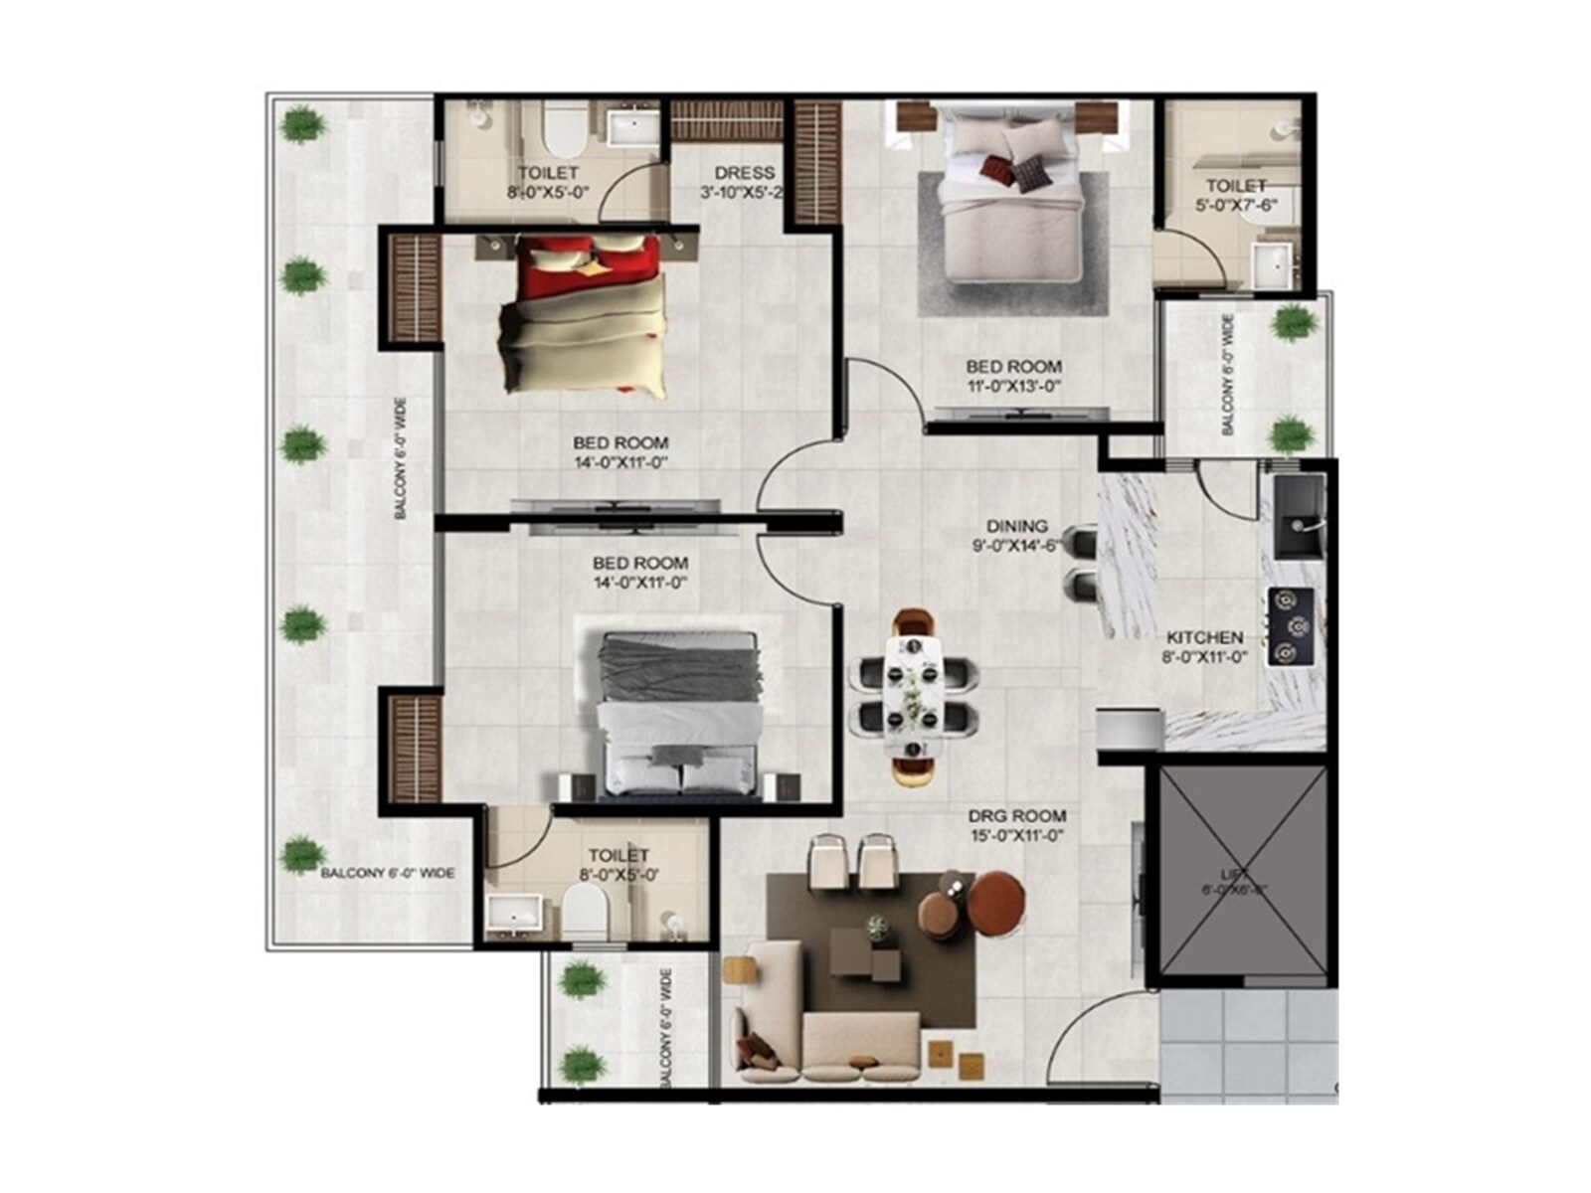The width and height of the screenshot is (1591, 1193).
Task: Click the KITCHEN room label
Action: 1204,637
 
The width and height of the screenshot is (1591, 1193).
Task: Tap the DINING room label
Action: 1016,526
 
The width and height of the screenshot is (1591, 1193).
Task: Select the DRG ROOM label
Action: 1017,816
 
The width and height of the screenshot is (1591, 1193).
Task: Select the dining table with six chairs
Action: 914,696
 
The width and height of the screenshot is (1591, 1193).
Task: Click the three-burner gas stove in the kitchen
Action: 1291,626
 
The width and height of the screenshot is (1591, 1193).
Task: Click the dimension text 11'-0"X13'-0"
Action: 1013,386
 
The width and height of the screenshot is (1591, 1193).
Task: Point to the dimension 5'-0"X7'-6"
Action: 1236,206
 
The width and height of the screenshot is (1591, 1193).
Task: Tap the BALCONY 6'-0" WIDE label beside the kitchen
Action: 1228,375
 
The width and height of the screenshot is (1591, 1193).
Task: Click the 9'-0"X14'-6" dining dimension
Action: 1016,546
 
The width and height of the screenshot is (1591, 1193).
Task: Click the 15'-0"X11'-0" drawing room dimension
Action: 1017,836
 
